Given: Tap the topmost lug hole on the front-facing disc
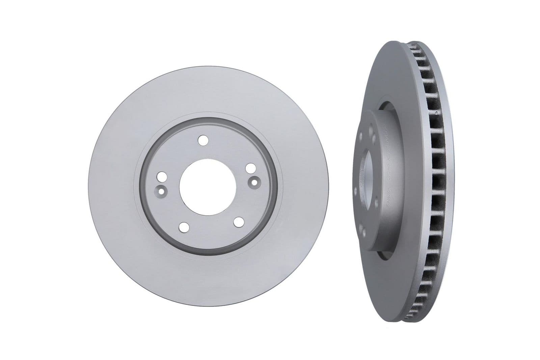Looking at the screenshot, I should pos(202,140).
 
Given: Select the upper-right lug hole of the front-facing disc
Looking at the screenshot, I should pos(250,168).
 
